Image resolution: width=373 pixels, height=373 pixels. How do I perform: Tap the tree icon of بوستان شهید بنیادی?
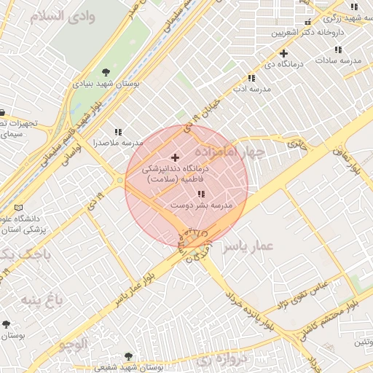click(107, 71)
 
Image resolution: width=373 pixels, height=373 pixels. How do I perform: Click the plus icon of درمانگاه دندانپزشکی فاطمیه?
click(174, 157)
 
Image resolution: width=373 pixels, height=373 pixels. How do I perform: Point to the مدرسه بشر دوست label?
click(201, 206)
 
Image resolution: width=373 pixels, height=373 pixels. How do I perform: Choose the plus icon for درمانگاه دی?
click(283, 53)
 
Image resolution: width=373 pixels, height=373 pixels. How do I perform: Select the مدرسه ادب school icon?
click(251, 77)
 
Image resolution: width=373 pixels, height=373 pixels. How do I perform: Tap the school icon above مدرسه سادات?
click(338, 50)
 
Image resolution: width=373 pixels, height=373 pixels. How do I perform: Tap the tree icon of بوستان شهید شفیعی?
click(129, 356)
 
